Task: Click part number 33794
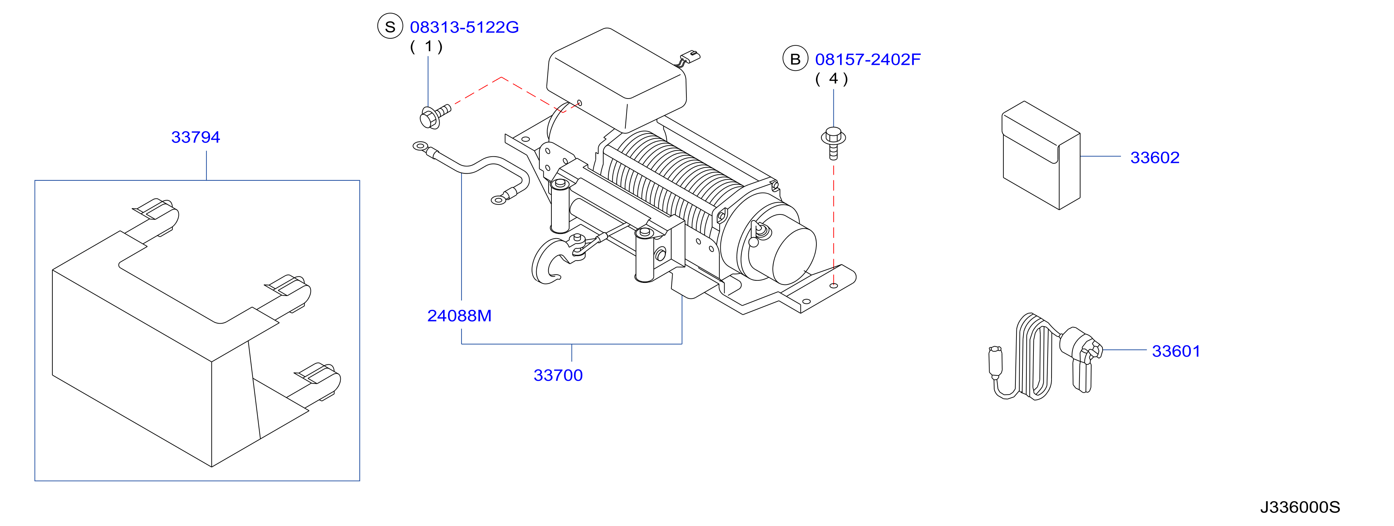[x=195, y=137]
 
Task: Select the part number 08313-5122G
[x=464, y=27]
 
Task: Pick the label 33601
[x=1176, y=351]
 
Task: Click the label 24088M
[x=459, y=316]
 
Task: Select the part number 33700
[x=558, y=375]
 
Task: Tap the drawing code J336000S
[x=1300, y=507]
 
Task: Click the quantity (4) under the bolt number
[x=832, y=79]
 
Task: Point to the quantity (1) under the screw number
[x=426, y=46]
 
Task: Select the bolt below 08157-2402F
[x=833, y=143]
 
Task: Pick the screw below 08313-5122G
[x=435, y=117]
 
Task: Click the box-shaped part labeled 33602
[x=1041, y=156]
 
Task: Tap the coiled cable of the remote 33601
[x=1033, y=358]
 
